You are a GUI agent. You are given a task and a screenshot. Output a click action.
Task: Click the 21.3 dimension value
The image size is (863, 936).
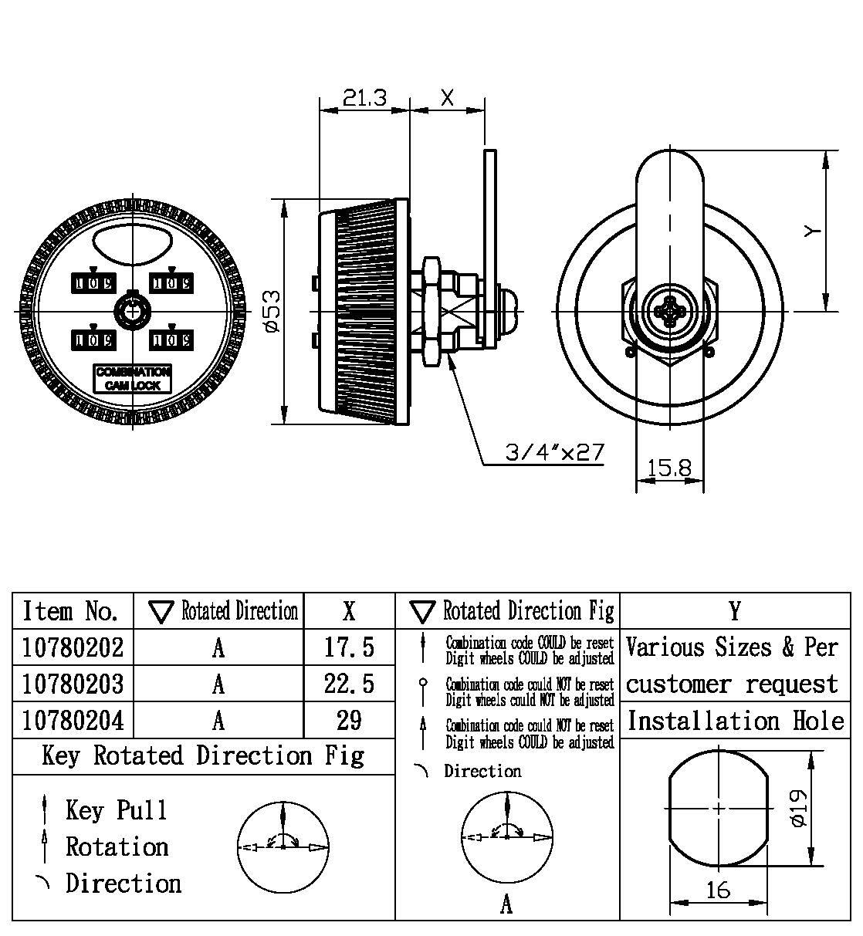click(x=364, y=97)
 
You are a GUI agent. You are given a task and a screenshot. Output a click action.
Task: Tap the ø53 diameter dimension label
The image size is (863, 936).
click(x=272, y=311)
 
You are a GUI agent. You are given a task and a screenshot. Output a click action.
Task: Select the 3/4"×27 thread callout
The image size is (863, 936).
click(x=554, y=452)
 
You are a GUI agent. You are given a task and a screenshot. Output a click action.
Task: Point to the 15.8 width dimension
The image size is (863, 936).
click(x=668, y=468)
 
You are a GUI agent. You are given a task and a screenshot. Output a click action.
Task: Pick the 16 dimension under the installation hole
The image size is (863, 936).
click(x=718, y=890)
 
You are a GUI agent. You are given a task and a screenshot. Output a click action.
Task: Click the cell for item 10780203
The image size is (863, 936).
click(x=73, y=684)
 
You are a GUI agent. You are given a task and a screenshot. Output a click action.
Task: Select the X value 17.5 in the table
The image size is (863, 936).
click(x=349, y=647)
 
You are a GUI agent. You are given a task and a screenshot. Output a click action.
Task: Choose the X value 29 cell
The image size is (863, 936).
click(x=349, y=720)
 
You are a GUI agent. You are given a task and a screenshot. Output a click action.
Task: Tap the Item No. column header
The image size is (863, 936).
click(x=71, y=611)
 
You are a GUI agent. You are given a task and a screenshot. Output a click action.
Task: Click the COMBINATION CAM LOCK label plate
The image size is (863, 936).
click(x=133, y=378)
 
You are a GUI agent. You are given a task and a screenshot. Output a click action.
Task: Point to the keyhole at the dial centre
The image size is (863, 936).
click(x=132, y=311)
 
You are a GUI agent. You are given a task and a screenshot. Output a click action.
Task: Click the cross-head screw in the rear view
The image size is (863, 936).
click(x=668, y=312)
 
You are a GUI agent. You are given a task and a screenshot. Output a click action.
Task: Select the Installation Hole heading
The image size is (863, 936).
click(x=735, y=721)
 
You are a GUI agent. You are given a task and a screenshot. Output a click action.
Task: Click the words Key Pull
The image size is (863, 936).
click(x=117, y=810)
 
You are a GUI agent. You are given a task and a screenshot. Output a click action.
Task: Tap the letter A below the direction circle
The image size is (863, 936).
click(x=506, y=904)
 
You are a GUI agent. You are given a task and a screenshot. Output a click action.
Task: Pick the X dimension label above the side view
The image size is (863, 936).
click(x=447, y=97)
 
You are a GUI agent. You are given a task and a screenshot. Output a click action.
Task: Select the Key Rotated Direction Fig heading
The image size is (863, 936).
click(x=203, y=755)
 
